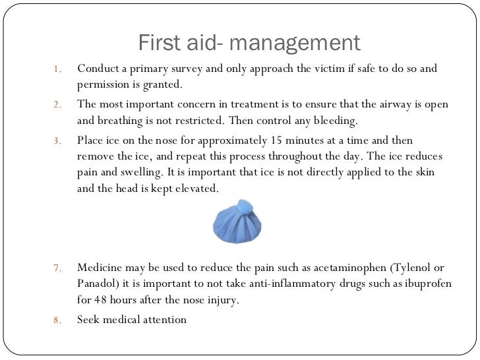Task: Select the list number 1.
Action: (58, 69)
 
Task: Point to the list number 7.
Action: (58, 268)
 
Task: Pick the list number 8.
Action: (58, 320)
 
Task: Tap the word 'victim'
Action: (341, 69)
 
